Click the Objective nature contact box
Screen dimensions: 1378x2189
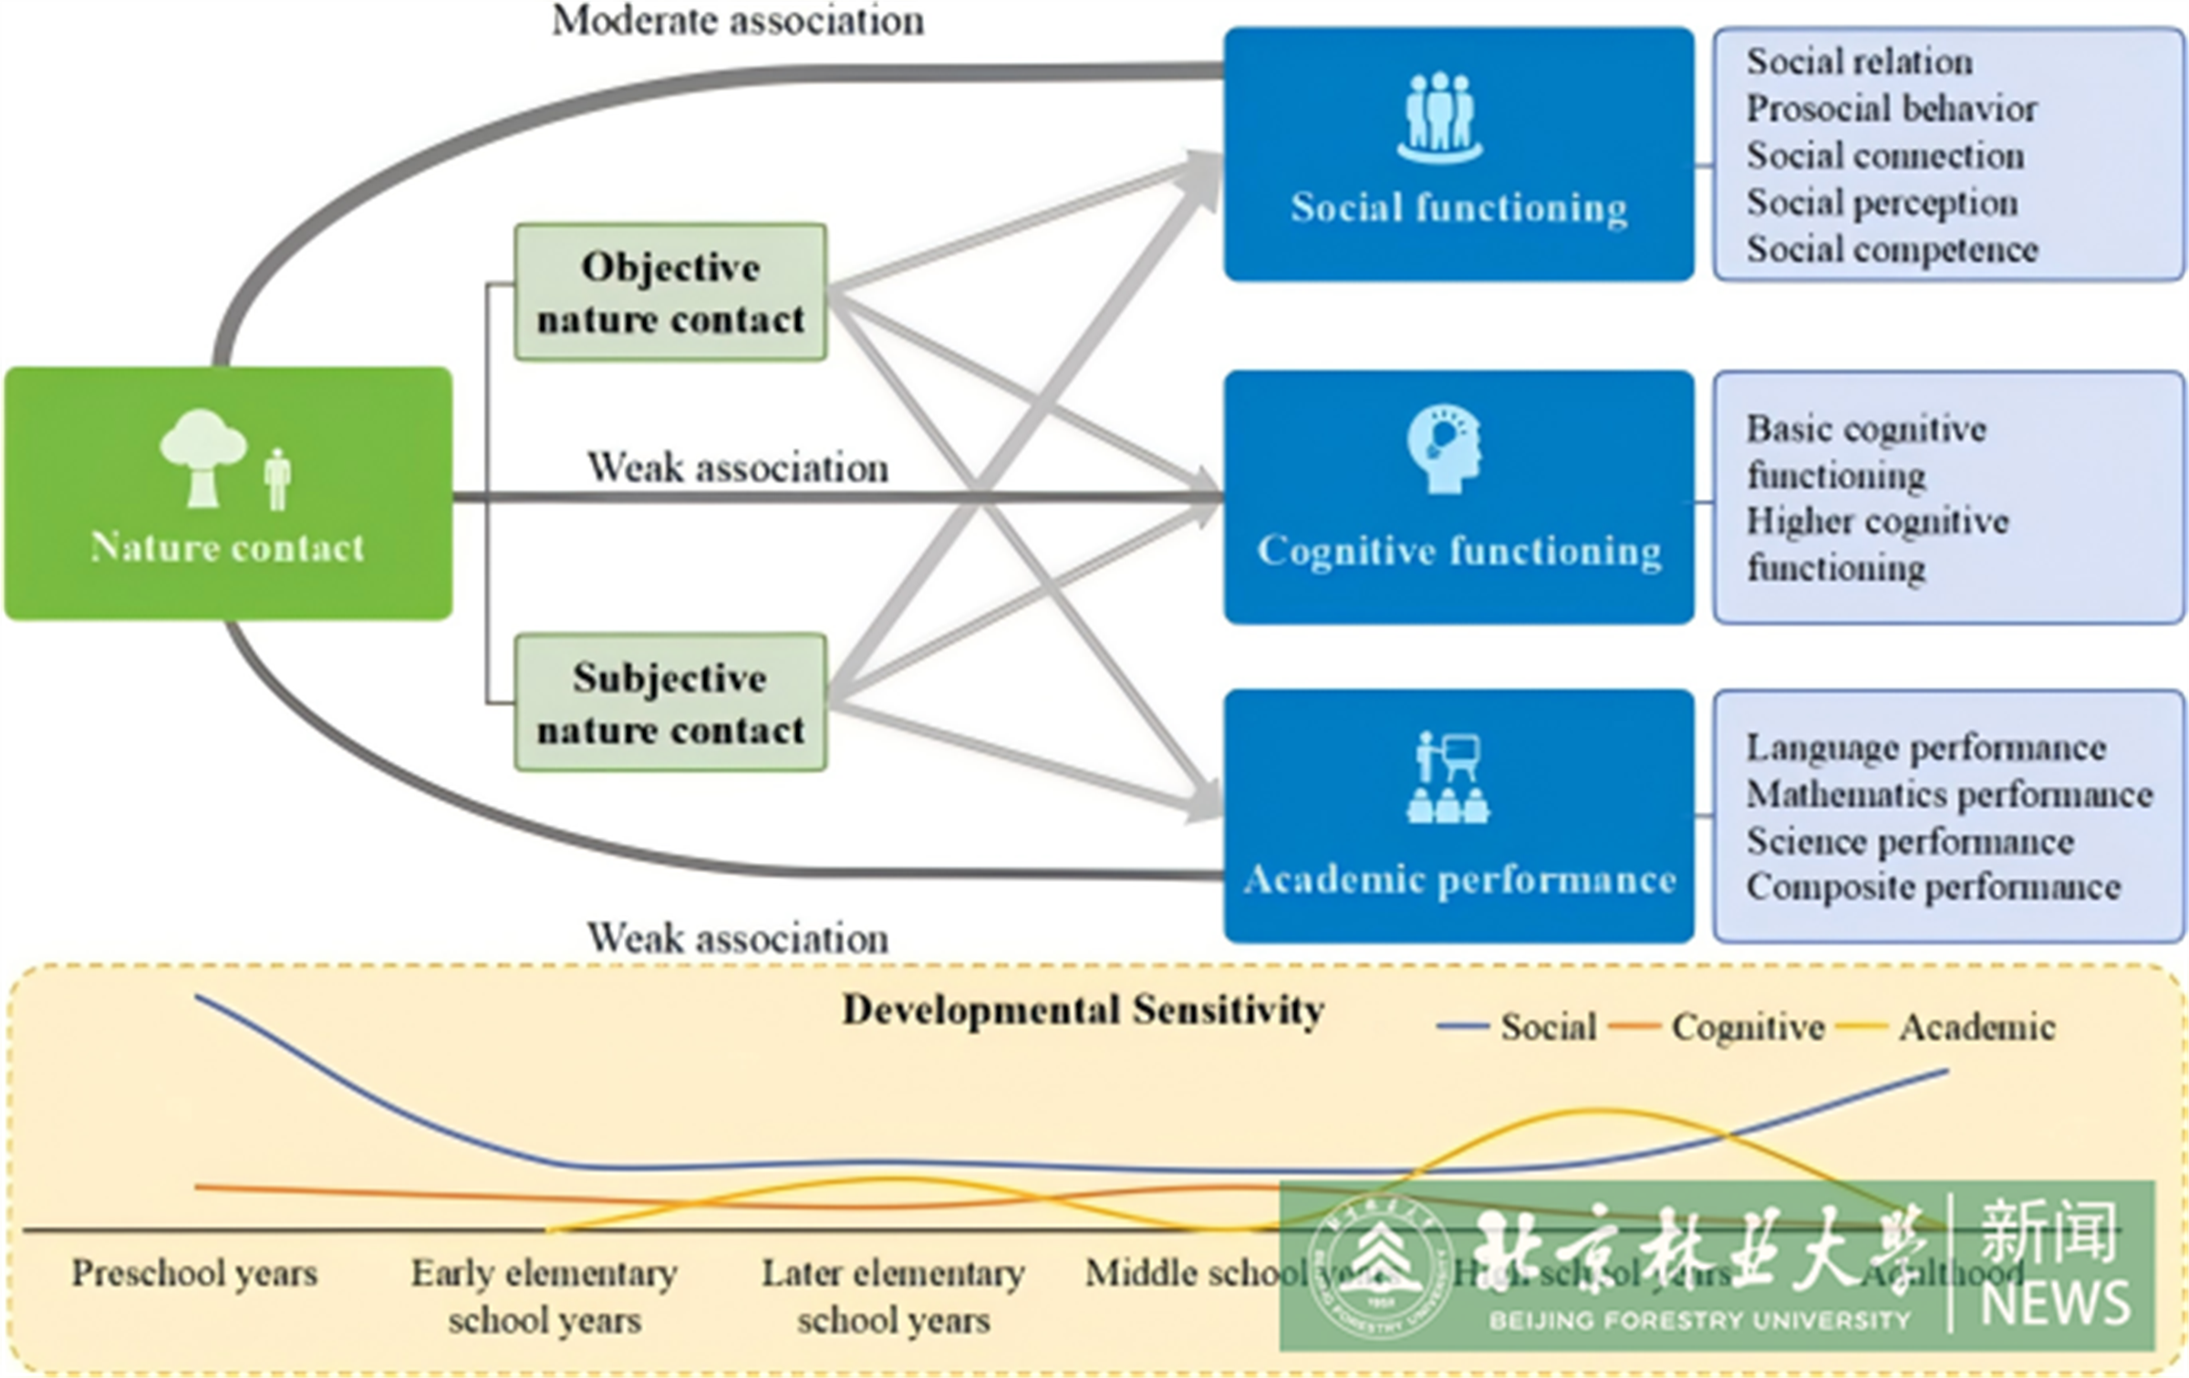[x=670, y=292]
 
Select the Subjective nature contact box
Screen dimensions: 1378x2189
[x=670, y=702]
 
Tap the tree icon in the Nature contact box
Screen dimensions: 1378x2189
[x=202, y=456]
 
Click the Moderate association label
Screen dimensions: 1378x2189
[x=738, y=20]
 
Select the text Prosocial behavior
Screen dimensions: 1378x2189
[x=1891, y=109]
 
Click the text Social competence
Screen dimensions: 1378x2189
[x=1892, y=249]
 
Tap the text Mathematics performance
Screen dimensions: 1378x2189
[x=1949, y=794]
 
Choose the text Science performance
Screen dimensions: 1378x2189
[x=1910, y=841]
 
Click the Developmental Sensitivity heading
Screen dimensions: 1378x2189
[x=1083, y=1010]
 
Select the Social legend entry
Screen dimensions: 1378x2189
[x=1548, y=1027]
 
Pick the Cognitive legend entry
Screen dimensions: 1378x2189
[x=1748, y=1027]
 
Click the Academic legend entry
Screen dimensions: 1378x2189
[x=1976, y=1027]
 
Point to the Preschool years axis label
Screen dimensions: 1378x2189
[x=194, y=1273]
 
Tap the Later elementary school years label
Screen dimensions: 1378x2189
[x=893, y=1296]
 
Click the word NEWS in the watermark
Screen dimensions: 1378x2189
[x=2055, y=1302]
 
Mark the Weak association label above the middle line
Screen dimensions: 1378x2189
[x=737, y=468]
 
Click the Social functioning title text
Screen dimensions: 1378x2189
[x=1458, y=208]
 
